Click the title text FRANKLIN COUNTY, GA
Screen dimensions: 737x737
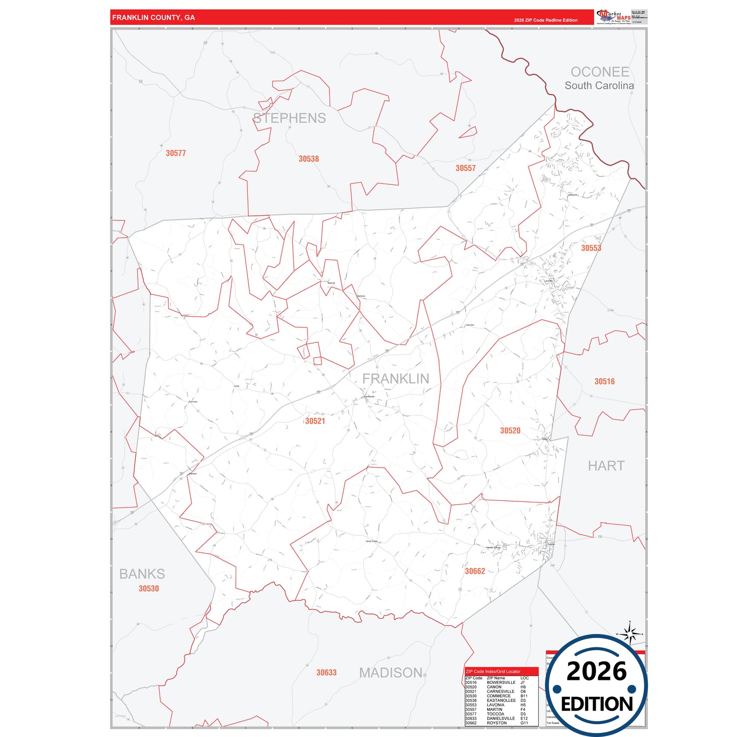click(x=153, y=17)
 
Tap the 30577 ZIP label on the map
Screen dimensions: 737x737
click(x=175, y=153)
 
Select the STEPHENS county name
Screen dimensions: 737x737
click(x=289, y=118)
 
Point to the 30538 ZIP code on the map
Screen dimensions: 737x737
click(x=309, y=159)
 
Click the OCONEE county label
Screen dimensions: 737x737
click(x=599, y=72)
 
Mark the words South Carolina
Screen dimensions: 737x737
click(x=599, y=86)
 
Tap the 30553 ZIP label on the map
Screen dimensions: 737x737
click(x=591, y=248)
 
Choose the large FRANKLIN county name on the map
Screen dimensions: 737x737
click(x=395, y=378)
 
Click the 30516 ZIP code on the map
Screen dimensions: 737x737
click(x=604, y=382)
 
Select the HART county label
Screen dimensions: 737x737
click(x=605, y=466)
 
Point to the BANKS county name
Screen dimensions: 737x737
click(x=142, y=574)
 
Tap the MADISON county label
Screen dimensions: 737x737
click(x=391, y=673)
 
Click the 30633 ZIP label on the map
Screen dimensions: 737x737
click(x=326, y=673)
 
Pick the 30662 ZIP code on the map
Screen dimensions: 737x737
click(x=474, y=571)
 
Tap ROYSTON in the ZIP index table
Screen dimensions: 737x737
click(x=496, y=723)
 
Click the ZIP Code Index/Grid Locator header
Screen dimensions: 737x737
click(x=493, y=672)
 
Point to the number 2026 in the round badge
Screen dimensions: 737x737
click(x=596, y=672)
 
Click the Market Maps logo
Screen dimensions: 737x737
click(x=613, y=17)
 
